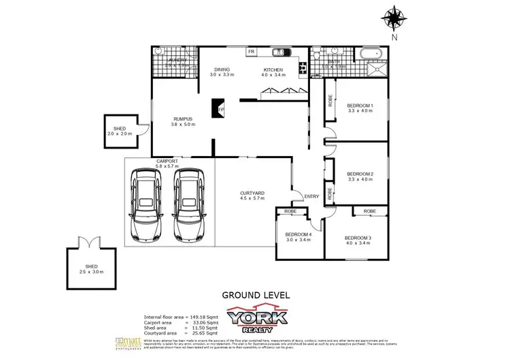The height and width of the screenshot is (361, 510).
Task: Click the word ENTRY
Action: point(311,197)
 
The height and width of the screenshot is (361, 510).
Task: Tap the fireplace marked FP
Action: point(219,109)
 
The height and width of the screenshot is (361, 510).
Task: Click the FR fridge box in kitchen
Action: point(251,52)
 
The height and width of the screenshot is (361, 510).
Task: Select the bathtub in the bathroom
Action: point(371,53)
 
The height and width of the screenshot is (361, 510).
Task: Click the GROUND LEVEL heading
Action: point(255,295)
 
